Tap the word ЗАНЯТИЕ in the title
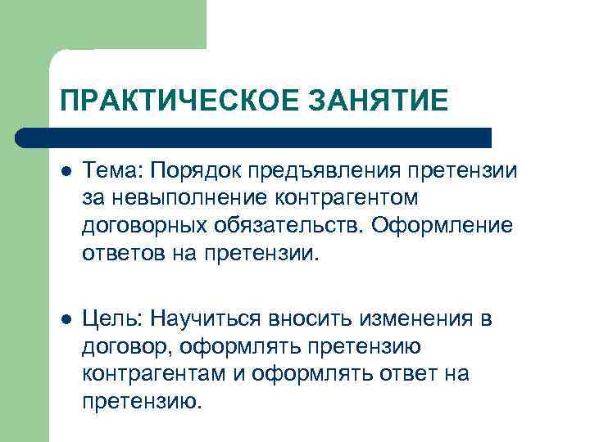[382, 101]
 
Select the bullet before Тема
[66, 171]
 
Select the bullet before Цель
[66, 318]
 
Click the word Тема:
[111, 170]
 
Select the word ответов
[120, 253]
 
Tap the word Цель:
[112, 319]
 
